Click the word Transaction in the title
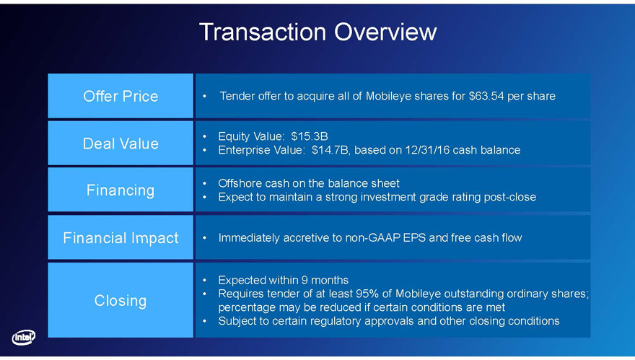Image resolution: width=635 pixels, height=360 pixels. pos(263,32)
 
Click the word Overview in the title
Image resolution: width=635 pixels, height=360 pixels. pos(385,32)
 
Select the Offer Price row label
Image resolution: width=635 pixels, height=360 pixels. pos(121,97)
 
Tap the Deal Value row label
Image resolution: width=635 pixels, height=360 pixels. pos(121,144)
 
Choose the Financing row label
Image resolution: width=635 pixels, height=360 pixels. pos(121,190)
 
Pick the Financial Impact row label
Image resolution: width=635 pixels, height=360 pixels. pos(121,237)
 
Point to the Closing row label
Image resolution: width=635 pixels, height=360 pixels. pos(121,300)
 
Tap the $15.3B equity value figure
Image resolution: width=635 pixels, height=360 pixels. pos(310,136)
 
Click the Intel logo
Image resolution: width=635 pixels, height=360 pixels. pos(24,337)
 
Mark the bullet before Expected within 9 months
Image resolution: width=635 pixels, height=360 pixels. pos(205,280)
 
